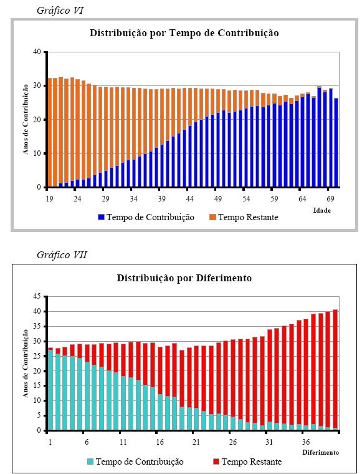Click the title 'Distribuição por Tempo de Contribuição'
pos(184,33)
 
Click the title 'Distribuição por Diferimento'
pos(184,278)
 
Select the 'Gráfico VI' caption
pos(60,11)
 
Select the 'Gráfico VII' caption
pos(62,255)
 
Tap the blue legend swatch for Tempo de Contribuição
pos(101,217)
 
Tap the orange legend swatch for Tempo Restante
pos(213,217)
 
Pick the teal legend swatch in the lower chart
pos(90,462)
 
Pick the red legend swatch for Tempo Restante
pos(216,462)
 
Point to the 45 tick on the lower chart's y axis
pos(37,296)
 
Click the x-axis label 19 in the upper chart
pos(49,198)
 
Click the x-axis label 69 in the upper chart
pos(331,198)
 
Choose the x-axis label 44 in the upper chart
pos(190,198)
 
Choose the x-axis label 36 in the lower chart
pos(306,442)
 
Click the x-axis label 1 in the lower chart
pos(50,442)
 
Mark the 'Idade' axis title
pos(322,210)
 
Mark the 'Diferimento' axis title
pos(321,452)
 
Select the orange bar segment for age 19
pos(50,132)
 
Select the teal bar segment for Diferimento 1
pos(50,390)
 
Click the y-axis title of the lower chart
pos(26,364)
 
